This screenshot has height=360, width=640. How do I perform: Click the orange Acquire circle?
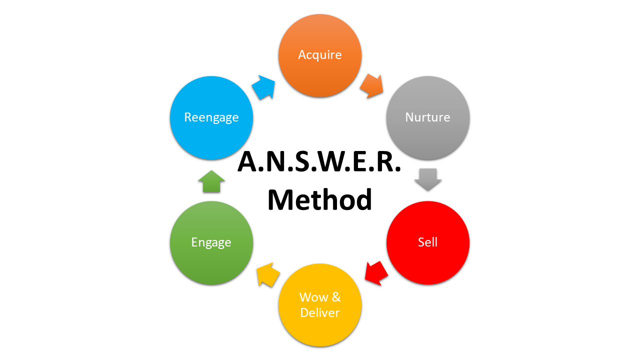click(320, 55)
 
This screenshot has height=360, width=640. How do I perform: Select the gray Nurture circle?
click(428, 117)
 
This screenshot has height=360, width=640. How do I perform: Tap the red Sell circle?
click(428, 242)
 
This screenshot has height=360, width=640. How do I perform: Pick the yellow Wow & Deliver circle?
click(320, 305)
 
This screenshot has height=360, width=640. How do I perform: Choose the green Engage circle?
click(211, 242)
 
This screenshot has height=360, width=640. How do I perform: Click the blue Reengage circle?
click(211, 117)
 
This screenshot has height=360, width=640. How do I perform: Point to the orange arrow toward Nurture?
click(371, 86)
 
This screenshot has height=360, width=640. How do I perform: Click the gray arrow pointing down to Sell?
click(428, 179)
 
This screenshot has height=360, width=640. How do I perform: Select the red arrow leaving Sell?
click(376, 273)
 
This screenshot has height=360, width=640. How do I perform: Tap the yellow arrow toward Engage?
click(268, 274)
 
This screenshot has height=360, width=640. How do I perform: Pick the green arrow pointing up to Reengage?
click(211, 181)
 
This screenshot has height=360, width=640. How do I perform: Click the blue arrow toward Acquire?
click(263, 87)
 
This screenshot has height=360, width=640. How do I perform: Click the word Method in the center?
click(319, 199)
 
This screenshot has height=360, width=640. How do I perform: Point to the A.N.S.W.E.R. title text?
click(319, 162)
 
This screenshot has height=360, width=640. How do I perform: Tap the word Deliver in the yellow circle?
click(320, 313)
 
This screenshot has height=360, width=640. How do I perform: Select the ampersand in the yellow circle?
click(336, 297)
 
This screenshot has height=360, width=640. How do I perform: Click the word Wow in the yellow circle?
click(313, 297)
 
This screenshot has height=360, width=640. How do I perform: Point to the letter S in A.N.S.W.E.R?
click(303, 162)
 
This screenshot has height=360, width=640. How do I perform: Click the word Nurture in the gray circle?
click(427, 117)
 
